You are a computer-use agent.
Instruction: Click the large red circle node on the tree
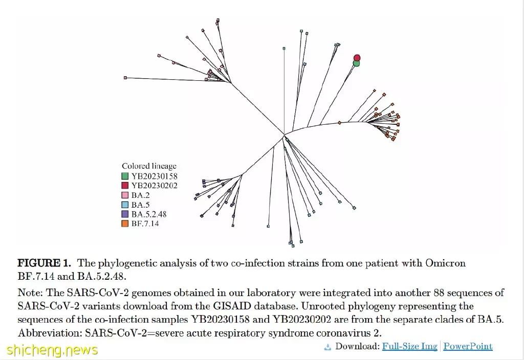pos(357,58)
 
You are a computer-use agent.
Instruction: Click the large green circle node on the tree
pos(357,63)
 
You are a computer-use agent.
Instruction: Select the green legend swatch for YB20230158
pos(125,176)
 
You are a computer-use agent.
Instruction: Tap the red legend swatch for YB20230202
pos(125,185)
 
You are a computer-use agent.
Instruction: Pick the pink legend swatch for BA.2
pos(125,195)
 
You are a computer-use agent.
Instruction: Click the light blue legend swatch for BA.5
pos(125,205)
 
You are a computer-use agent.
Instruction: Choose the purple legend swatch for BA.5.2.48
pos(125,214)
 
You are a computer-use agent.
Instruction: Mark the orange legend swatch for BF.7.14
pos(125,223)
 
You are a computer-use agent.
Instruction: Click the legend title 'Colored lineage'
pos(149,166)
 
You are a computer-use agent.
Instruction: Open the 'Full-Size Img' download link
pos(410,346)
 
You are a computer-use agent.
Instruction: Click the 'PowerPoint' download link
pos(468,346)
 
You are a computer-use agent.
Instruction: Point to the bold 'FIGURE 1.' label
pos(45,263)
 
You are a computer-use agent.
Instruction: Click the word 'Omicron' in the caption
pos(445,263)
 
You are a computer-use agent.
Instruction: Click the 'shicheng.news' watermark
pos(52,350)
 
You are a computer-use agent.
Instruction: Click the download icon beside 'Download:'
pos(327,347)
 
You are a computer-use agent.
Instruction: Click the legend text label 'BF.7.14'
pos(145,223)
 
